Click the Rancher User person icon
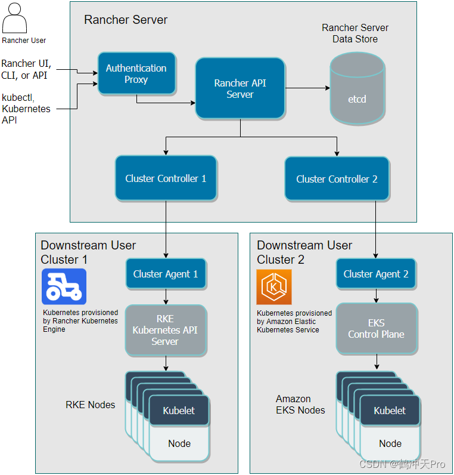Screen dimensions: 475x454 click(15, 18)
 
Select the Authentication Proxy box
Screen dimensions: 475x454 click(136, 73)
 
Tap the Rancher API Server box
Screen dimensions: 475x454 click(240, 88)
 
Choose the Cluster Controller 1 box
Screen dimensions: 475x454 click(166, 178)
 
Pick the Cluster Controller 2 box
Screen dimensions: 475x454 click(337, 178)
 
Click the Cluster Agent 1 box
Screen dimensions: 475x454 click(165, 274)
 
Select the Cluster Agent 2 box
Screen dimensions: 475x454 click(376, 274)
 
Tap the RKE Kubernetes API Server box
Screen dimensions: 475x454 click(165, 330)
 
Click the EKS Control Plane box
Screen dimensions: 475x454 click(376, 329)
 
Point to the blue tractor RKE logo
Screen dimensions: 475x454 click(64, 286)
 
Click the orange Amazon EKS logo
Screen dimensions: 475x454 click(274, 287)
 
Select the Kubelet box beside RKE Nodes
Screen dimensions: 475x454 click(179, 411)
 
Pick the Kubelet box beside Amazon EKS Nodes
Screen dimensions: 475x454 click(390, 411)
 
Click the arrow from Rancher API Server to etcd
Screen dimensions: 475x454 click(306, 88)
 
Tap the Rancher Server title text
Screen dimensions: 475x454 click(126, 20)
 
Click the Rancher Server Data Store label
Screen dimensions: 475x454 click(355, 33)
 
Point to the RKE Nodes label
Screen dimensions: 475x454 click(91, 405)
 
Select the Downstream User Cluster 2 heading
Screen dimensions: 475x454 click(304, 252)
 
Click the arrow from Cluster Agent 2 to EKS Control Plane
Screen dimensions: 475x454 click(376, 295)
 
